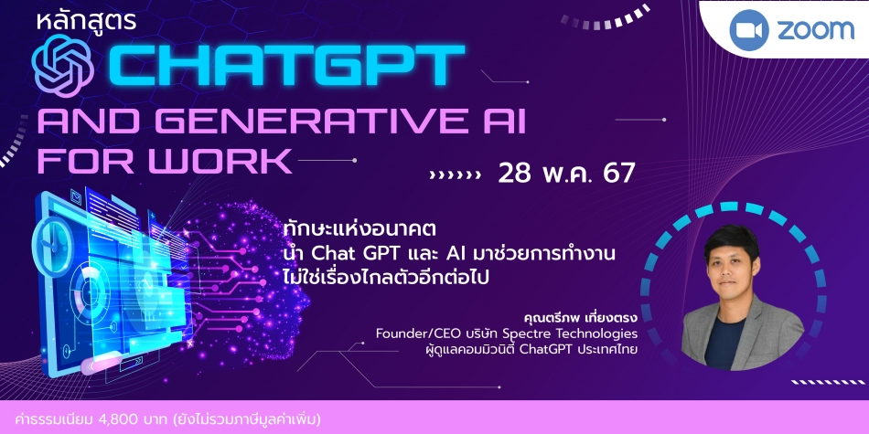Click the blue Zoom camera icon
749,30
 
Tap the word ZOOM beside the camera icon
815,30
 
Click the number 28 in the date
515,174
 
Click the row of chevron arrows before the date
455,175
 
